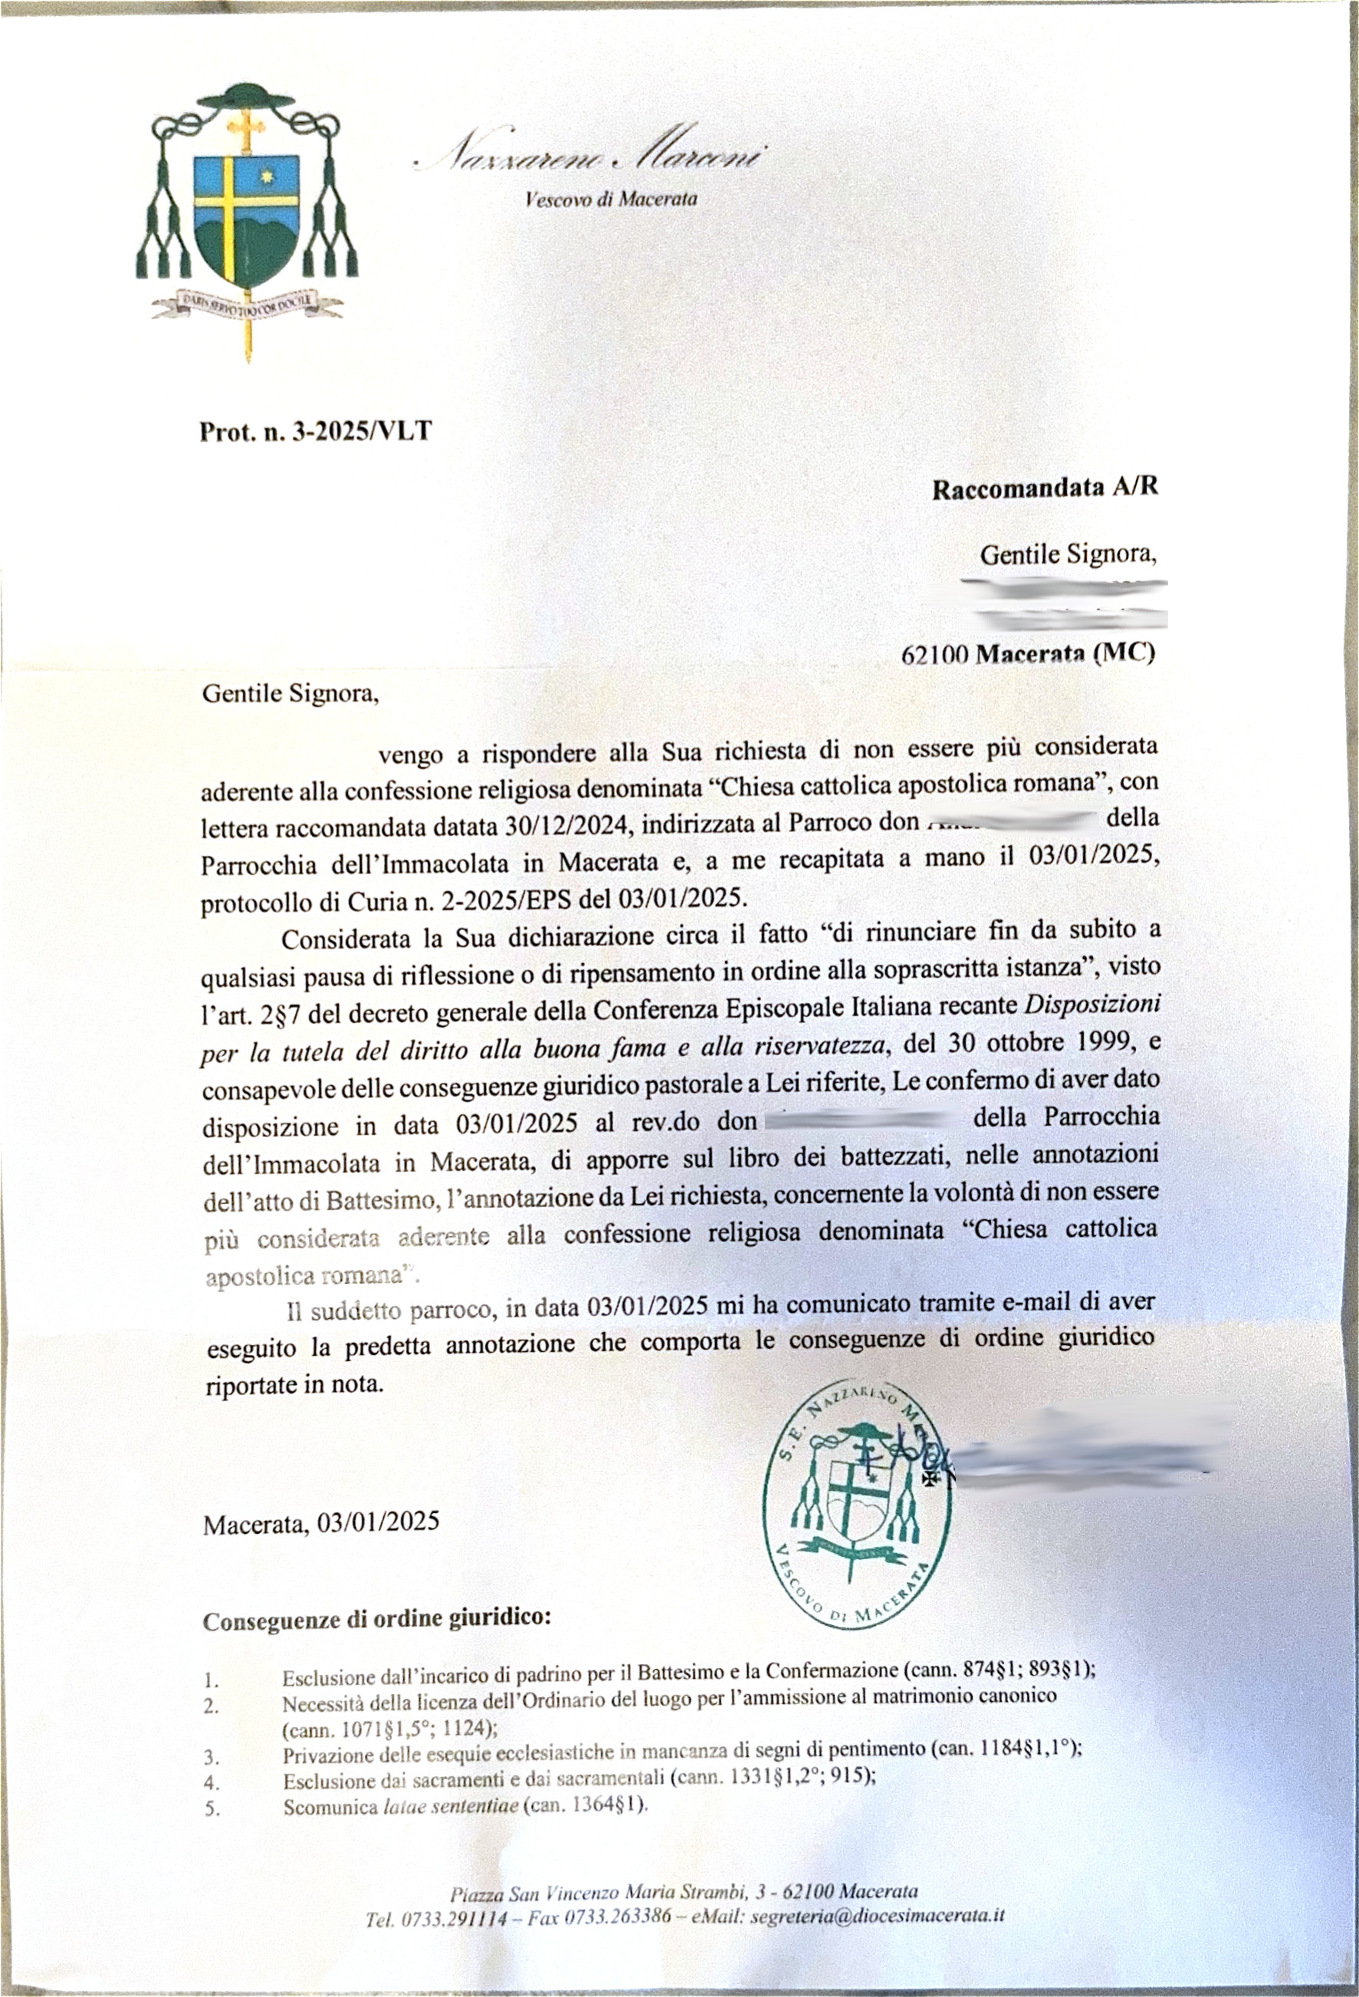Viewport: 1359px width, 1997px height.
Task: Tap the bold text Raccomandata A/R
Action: [x=1046, y=487]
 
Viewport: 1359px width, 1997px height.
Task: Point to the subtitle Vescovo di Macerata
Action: [x=611, y=199]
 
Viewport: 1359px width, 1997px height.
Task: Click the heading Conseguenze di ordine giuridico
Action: [x=376, y=1620]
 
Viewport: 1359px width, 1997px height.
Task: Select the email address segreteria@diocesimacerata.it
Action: [x=877, y=1939]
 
